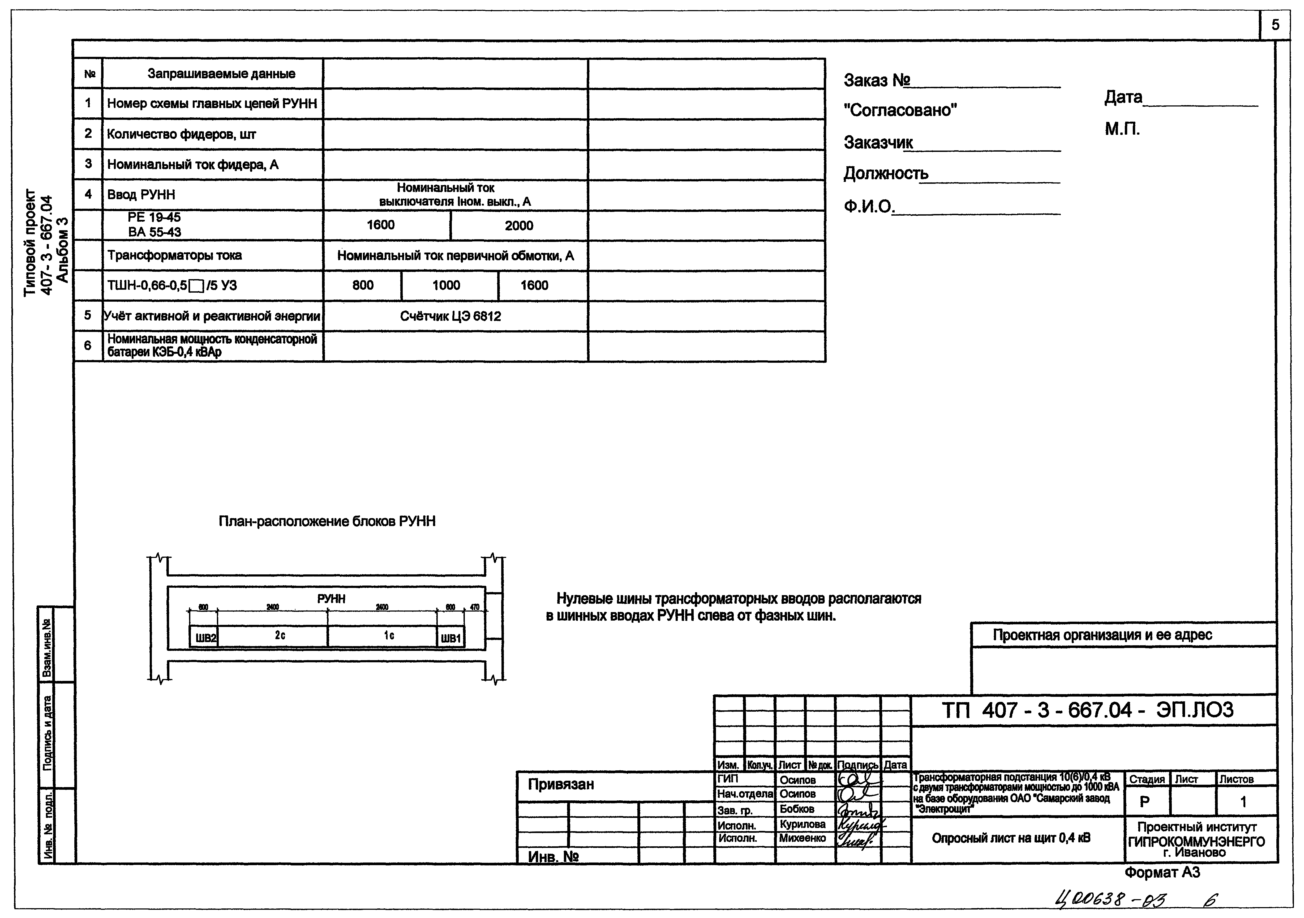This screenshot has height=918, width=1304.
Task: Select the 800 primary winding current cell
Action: (x=363, y=285)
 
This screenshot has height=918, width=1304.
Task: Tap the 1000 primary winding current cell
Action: (x=447, y=285)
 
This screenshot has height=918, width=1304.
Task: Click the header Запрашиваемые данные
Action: (x=221, y=74)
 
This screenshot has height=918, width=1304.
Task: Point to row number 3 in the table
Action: (x=88, y=164)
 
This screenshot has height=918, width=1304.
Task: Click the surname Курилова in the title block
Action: (x=803, y=824)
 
